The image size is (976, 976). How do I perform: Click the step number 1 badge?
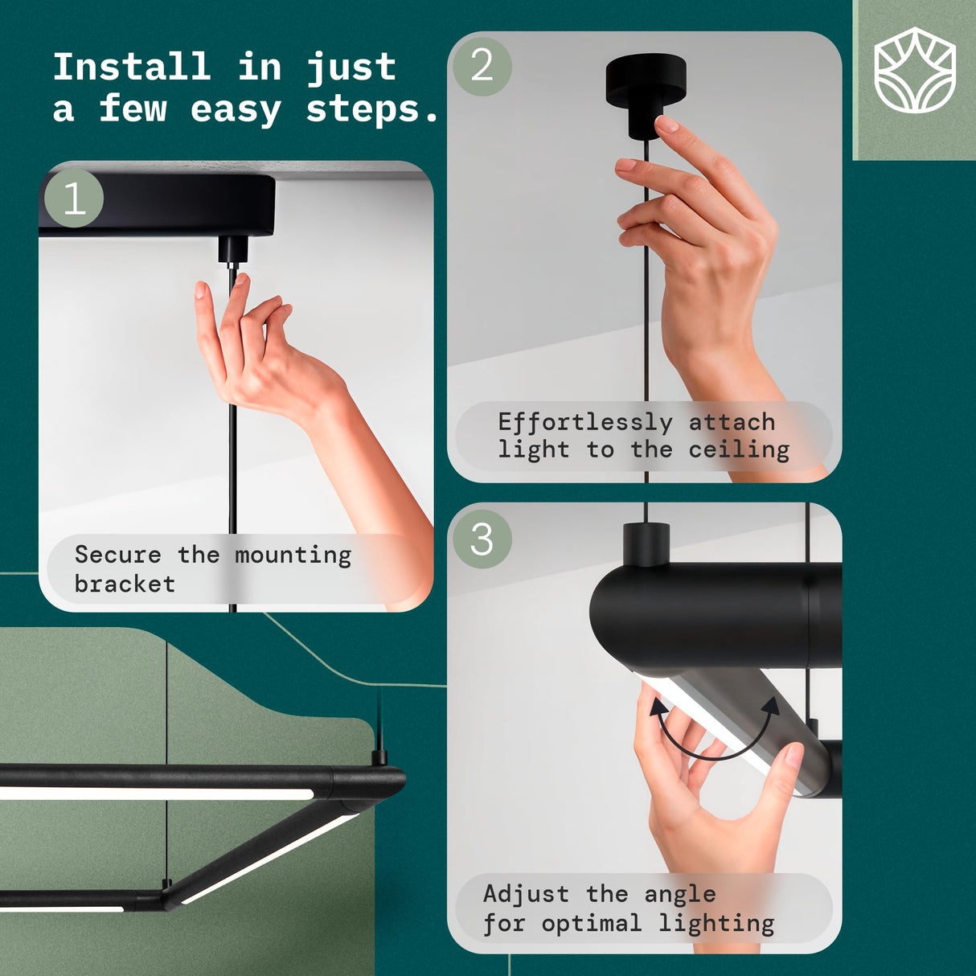(x=74, y=198)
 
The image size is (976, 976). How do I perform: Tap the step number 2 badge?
(x=482, y=67)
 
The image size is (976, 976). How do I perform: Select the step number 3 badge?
(x=482, y=539)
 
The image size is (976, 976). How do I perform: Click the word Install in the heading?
(x=132, y=67)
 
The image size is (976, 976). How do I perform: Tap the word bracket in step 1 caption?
(x=125, y=584)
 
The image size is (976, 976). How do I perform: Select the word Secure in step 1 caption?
(x=118, y=555)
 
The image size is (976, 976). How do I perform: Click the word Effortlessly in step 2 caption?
(x=585, y=423)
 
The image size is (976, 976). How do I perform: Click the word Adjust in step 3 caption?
(x=527, y=894)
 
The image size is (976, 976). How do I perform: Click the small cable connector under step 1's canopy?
(x=232, y=250)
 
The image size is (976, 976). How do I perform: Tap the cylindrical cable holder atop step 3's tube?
(x=646, y=544)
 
